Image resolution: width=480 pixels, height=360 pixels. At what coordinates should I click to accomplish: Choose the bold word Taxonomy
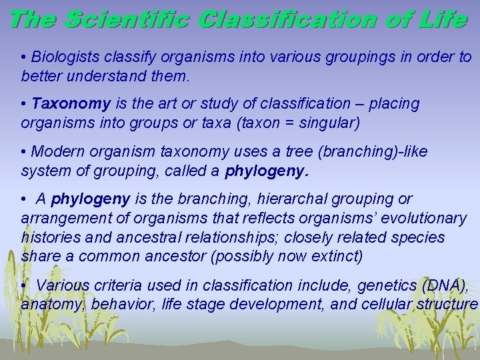(71, 104)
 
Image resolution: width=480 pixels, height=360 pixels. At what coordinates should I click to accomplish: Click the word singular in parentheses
(332, 123)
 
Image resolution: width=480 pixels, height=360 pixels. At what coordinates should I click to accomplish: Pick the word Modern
(58, 151)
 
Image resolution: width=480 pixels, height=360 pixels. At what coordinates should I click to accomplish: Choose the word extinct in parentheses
(340, 256)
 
